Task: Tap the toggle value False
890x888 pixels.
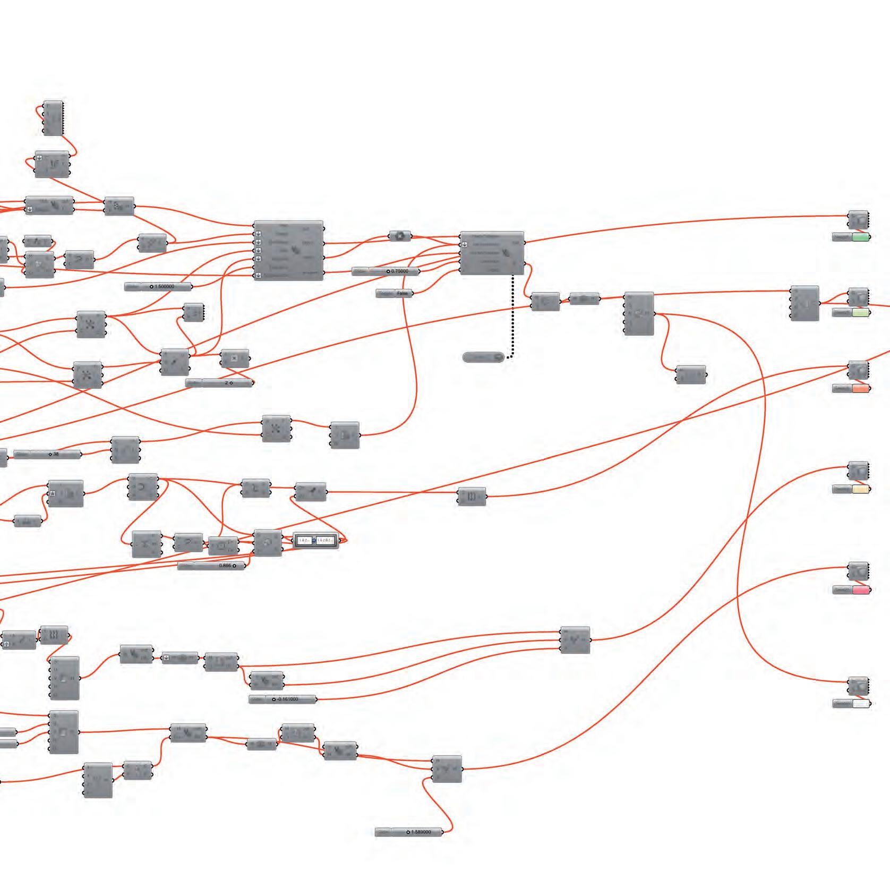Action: (402, 293)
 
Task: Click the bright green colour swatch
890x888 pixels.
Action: (860, 237)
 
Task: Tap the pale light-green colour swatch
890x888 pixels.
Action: (860, 313)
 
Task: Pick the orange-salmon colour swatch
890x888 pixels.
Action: (860, 389)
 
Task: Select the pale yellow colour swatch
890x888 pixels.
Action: (860, 489)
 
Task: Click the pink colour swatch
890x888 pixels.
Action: (860, 590)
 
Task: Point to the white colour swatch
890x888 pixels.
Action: (860, 704)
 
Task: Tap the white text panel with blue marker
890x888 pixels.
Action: (315, 541)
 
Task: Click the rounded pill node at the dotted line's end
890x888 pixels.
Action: (483, 357)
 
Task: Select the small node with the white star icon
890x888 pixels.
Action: (400, 236)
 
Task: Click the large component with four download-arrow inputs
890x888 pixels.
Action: (288, 251)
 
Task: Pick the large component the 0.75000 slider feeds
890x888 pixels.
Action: (492, 253)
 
